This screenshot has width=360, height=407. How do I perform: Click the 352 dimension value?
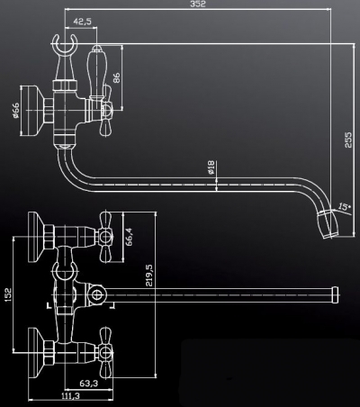click(198, 4)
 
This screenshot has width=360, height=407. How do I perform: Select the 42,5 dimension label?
click(83, 22)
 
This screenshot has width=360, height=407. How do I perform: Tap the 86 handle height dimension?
click(116, 77)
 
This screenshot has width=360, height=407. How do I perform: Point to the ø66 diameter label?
click(16, 111)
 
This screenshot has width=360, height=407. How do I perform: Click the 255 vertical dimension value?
click(348, 140)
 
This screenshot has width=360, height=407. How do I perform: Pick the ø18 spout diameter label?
click(211, 167)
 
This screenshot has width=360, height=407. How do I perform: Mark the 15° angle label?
click(344, 206)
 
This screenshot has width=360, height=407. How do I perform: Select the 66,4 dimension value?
click(129, 237)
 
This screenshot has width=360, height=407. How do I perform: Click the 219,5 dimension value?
click(149, 276)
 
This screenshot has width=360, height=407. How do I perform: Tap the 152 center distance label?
click(8, 294)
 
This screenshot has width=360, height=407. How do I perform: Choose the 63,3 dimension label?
click(89, 384)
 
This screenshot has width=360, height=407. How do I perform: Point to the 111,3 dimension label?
click(71, 396)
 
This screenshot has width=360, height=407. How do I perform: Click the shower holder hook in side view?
click(63, 48)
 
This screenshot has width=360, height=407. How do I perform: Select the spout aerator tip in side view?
click(328, 224)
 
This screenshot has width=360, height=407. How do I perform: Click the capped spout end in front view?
click(336, 295)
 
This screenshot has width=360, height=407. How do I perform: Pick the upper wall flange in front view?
click(36, 237)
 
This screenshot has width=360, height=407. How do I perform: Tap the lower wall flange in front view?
click(36, 352)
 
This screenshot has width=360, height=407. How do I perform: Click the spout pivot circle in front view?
click(96, 295)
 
